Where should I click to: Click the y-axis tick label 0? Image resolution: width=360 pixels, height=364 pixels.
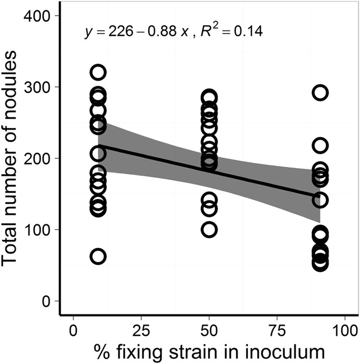pos(46,301)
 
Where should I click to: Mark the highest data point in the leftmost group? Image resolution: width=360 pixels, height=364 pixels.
pos(98,72)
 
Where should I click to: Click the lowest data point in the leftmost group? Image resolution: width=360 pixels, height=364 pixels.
pos(98,256)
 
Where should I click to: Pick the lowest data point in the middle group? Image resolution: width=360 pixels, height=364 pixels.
pos(209,230)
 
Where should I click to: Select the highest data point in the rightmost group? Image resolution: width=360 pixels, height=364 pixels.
pos(320,93)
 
